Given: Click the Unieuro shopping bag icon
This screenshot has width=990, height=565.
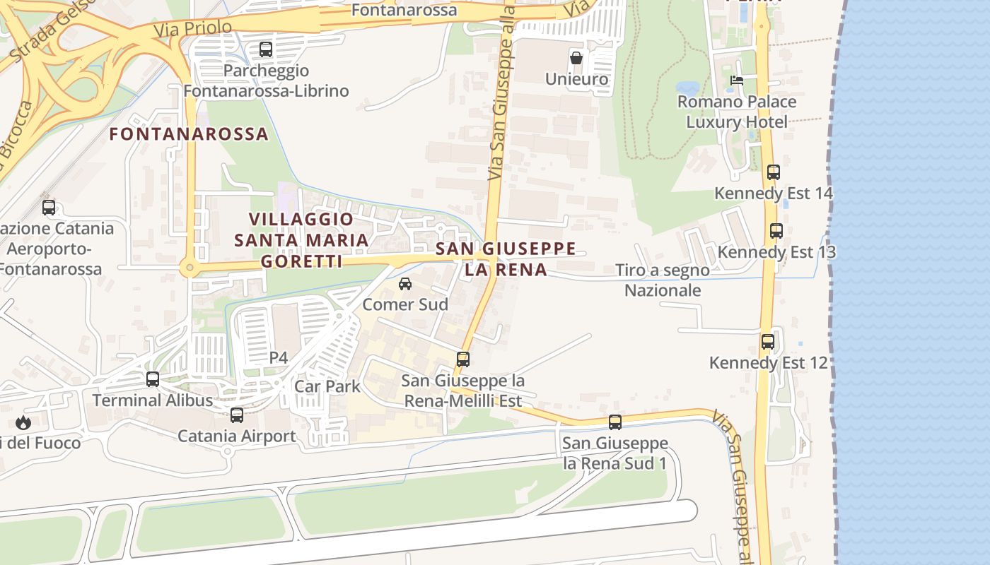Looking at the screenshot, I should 576,58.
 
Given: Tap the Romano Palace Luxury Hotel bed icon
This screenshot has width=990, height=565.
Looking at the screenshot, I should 736,81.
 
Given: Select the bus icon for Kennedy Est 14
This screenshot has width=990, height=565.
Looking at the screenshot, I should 773,172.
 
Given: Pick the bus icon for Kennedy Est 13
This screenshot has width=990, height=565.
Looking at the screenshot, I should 776,231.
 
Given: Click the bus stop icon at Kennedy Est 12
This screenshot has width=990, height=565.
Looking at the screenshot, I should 768,343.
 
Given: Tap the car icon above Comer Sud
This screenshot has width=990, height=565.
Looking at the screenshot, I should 405,284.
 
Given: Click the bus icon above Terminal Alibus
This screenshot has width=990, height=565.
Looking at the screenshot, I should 153,379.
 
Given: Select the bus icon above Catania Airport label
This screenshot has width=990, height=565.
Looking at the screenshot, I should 237,415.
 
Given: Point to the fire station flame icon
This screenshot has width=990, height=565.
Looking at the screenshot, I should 23,423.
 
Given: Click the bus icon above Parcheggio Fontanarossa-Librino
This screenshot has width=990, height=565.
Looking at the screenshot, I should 266,49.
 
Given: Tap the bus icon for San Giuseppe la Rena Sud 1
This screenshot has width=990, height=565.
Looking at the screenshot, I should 615,422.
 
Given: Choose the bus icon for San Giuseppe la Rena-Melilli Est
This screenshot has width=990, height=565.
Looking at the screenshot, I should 463,359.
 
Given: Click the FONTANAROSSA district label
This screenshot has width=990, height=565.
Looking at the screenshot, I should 189,133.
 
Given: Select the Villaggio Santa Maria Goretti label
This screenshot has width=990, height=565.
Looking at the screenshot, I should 302,240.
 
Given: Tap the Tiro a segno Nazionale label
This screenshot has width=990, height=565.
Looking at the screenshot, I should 663,280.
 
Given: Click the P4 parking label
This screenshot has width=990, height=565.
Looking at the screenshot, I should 279,358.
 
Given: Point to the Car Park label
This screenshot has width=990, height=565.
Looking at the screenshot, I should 327,386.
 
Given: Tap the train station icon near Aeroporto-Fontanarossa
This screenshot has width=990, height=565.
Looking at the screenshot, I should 49,208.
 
